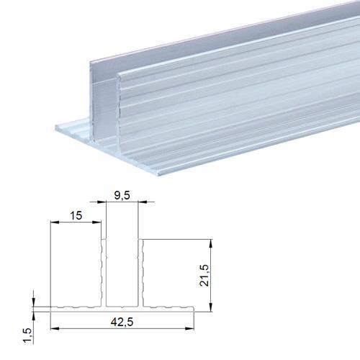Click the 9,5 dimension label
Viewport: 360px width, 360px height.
(122, 195)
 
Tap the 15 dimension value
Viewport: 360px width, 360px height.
(76, 215)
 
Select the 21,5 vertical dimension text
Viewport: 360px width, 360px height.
(204, 275)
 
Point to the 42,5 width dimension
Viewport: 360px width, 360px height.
(122, 322)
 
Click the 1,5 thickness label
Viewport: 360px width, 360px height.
(28, 336)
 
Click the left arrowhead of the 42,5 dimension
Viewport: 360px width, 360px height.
(55, 328)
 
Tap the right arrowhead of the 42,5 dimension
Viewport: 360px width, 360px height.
(189, 328)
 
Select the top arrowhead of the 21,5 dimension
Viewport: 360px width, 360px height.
(211, 243)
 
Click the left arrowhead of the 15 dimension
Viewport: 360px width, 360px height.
(55, 222)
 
